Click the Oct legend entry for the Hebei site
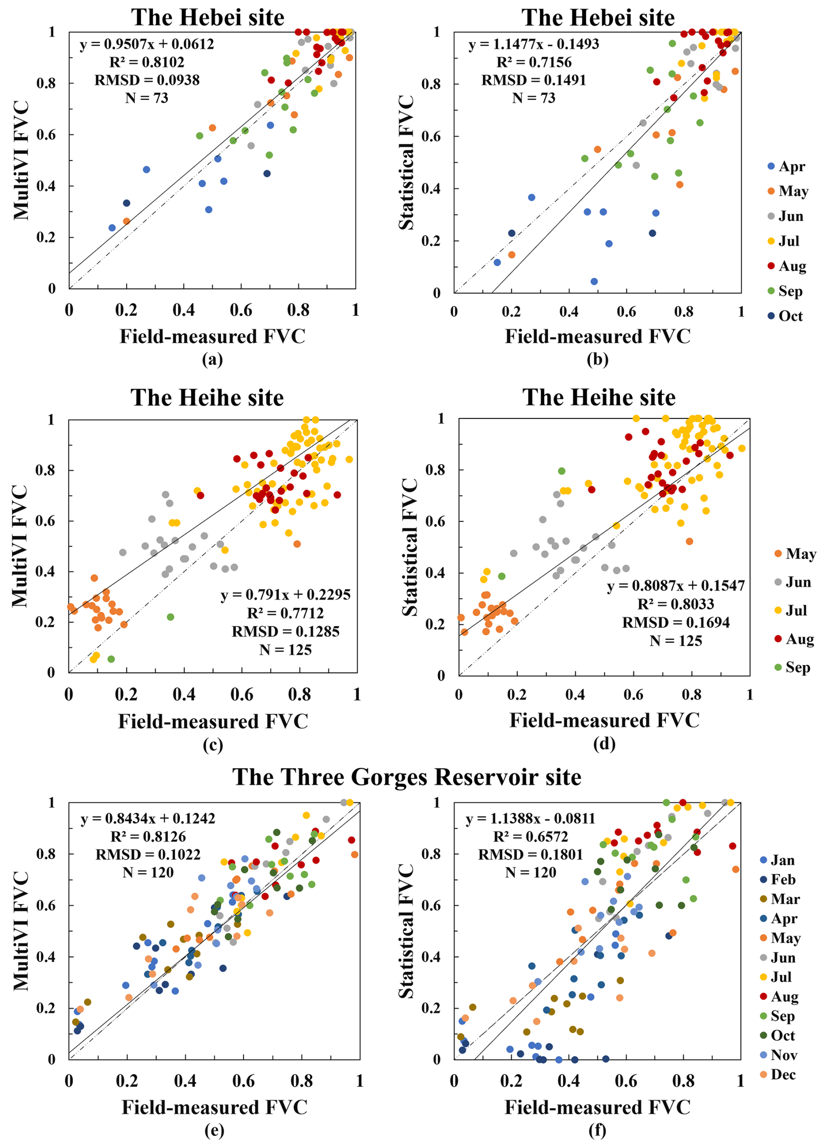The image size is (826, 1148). click(x=785, y=316)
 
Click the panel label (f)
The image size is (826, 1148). click(x=598, y=1130)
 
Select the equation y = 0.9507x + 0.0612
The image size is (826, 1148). click(x=147, y=44)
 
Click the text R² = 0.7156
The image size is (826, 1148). click(x=534, y=62)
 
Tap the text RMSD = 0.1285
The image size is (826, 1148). click(x=286, y=631)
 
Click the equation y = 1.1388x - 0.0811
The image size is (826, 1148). click(x=530, y=819)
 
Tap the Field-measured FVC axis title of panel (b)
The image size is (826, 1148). click(x=598, y=336)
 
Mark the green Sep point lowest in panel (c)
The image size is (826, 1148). click(x=111, y=659)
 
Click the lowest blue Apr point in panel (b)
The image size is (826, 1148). click(x=594, y=281)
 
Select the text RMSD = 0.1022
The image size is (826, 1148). click(x=148, y=854)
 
